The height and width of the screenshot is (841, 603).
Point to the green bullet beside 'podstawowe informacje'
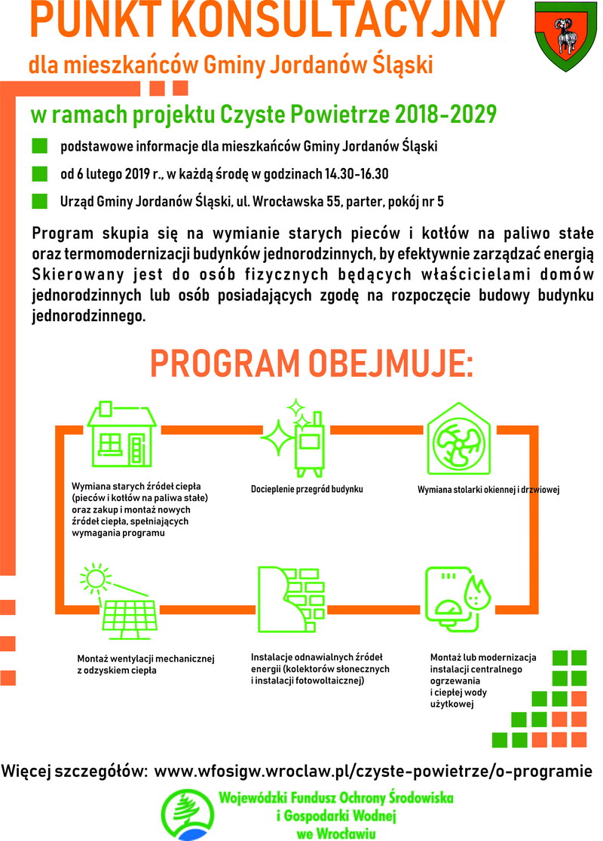(x=40, y=145)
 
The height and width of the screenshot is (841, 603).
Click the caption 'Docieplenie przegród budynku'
(x=307, y=489)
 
